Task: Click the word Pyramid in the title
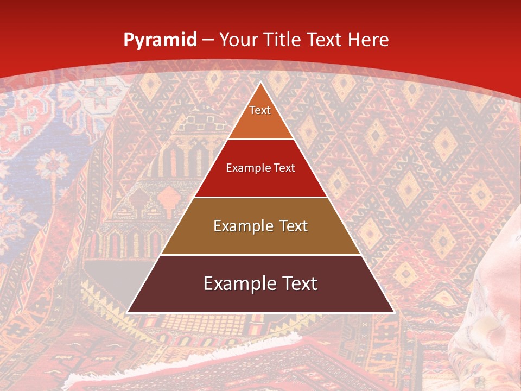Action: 160,40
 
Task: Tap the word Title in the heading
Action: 284,40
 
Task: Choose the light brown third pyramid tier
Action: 260,239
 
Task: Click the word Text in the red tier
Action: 285,168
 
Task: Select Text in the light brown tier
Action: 294,226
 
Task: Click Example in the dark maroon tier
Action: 236,283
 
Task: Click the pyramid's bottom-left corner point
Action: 128,312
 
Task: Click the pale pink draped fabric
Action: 488,304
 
